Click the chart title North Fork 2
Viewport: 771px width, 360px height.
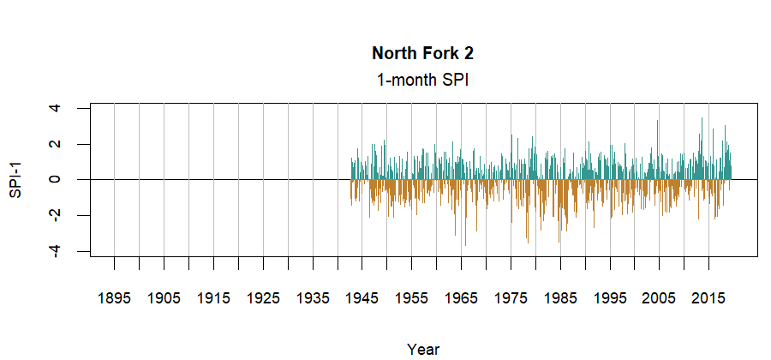tap(423, 53)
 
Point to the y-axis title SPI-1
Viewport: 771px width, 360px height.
tap(15, 180)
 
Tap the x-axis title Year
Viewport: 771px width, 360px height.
tap(423, 349)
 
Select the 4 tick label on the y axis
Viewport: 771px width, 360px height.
tap(56, 109)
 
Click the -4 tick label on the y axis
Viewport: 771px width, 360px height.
tap(56, 250)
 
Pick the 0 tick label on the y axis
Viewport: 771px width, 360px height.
tap(56, 180)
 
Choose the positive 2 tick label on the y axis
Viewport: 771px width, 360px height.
tap(56, 144)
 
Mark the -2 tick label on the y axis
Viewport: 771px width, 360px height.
tap(56, 215)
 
